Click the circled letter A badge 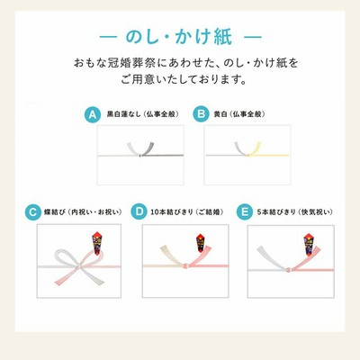[x=93, y=114]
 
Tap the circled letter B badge [x=201, y=114]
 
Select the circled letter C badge [x=32, y=212]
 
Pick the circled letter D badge [x=139, y=211]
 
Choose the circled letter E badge [x=245, y=212]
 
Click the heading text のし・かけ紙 [x=179, y=37]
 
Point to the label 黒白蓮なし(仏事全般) [x=143, y=114]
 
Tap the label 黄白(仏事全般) [x=239, y=114]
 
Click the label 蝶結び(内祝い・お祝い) [x=83, y=212]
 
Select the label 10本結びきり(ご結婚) [x=187, y=212]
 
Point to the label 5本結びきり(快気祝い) [x=295, y=212]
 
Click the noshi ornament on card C [x=97, y=243]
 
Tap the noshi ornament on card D [x=201, y=243]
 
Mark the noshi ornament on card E [x=310, y=244]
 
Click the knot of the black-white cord [x=140, y=156]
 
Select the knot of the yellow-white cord [x=247, y=155]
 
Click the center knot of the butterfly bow [x=79, y=266]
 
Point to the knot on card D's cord [x=185, y=265]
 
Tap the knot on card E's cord [x=288, y=270]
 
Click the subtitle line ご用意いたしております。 [x=184, y=80]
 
